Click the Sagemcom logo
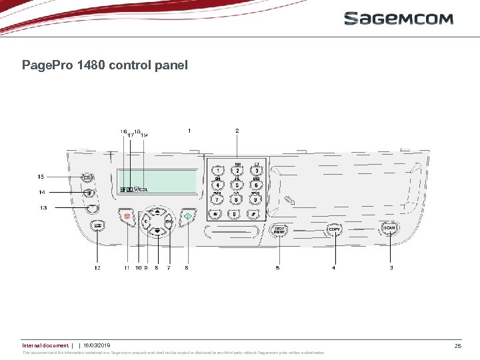tap(398, 19)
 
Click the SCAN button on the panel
tap(389, 228)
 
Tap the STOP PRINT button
tap(280, 229)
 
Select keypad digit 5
tap(237, 185)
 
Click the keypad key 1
tap(217, 171)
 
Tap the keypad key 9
tap(256, 199)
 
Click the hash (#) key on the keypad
tap(253, 214)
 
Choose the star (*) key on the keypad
tap(215, 214)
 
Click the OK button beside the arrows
tap(169, 221)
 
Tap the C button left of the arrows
tap(145, 221)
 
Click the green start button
tap(189, 215)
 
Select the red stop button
tap(125, 215)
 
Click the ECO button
tap(97, 225)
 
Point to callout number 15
tap(41, 177)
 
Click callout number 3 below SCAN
tap(391, 268)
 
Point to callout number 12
tap(97, 268)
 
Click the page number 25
tap(457, 346)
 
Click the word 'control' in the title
tap(111, 65)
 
